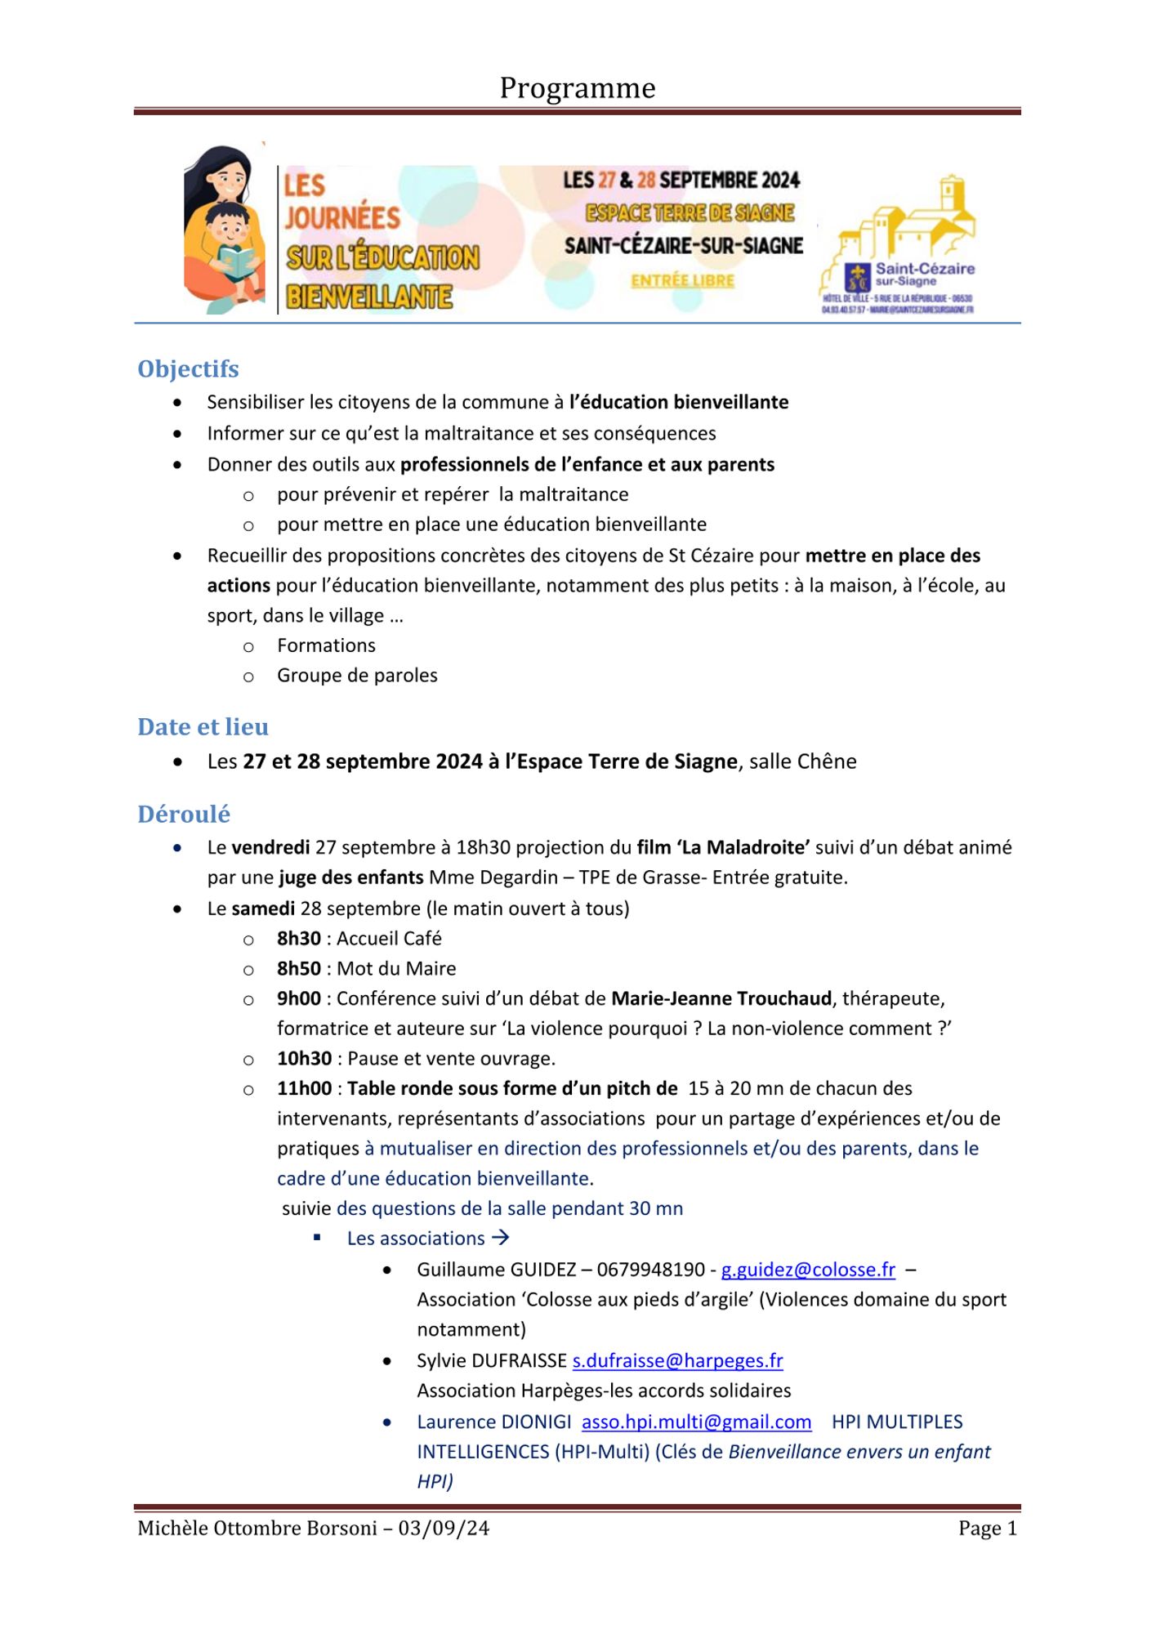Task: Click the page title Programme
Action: pos(578,88)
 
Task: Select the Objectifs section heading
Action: pos(188,369)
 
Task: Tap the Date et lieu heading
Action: pos(203,727)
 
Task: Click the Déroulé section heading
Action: pos(184,815)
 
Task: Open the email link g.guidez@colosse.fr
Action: pos(808,1270)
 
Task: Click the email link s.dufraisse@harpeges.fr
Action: pos(677,1360)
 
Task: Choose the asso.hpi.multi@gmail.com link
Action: pos(696,1422)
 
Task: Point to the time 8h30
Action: pos(299,939)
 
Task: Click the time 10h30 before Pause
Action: pos(304,1059)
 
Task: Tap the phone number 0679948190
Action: pos(650,1270)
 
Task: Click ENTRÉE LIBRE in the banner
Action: pos(682,281)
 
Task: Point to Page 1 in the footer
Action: pos(988,1529)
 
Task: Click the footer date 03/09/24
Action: pos(444,1529)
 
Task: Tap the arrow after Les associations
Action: pos(501,1238)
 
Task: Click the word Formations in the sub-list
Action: pos(326,645)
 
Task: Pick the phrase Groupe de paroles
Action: pos(357,676)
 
